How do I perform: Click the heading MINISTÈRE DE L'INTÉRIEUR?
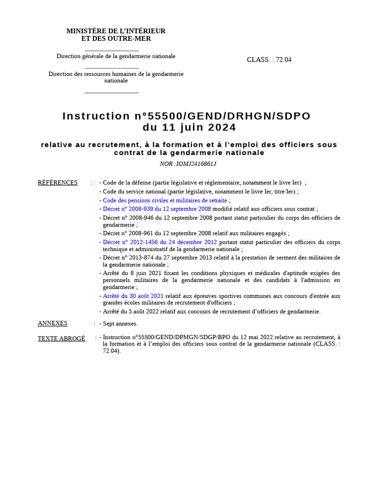tap(116, 31)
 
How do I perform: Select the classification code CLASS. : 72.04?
tap(269, 60)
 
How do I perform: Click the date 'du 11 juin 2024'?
tap(189, 127)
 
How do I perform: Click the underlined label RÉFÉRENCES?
tap(58, 183)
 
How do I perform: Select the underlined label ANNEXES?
tap(53, 323)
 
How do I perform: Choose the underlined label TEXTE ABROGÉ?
tap(62, 338)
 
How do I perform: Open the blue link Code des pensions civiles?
tap(165, 200)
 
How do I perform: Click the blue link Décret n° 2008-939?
tap(157, 209)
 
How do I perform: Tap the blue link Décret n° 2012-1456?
tap(160, 242)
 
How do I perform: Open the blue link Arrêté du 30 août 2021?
tap(133, 296)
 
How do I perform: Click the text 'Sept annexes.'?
tap(120, 323)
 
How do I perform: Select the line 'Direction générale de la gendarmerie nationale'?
tap(116, 56)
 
